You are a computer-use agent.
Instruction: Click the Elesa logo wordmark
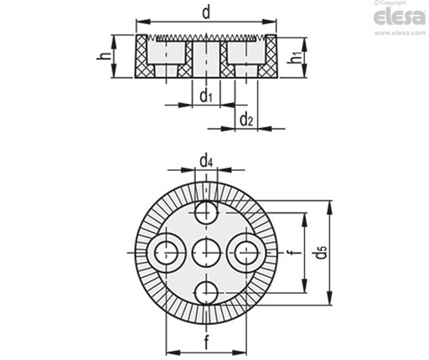pos(400,18)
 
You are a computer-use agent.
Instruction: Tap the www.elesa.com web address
pos(400,33)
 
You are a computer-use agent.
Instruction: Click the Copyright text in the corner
pos(390,3)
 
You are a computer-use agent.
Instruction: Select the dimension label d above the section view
pos(206,13)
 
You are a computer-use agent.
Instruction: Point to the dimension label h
pos(104,56)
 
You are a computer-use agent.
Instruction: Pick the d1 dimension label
pos(206,96)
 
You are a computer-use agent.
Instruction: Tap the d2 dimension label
pos(246,120)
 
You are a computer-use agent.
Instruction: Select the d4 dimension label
pos(206,162)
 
